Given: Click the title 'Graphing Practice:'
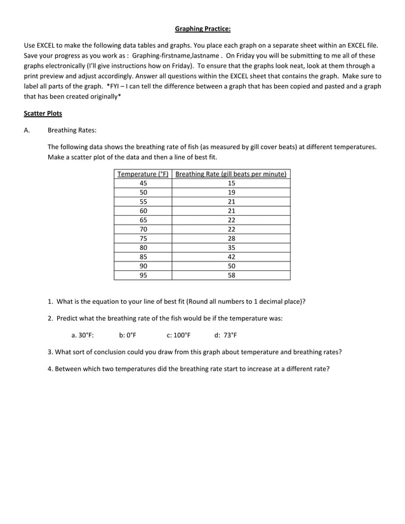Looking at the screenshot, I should (202, 29).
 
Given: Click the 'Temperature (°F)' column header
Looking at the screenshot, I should (143, 174).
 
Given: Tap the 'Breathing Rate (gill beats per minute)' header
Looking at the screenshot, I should (231, 174).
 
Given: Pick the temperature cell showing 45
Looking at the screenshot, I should (143, 183).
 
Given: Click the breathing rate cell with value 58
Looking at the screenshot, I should (231, 275).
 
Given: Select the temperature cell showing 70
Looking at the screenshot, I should (143, 229).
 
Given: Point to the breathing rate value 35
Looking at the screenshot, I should (231, 247).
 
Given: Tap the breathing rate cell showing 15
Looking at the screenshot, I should (231, 183).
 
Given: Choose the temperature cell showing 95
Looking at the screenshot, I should (143, 275).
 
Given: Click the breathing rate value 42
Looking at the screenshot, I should (231, 257).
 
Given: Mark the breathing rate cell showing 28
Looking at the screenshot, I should (231, 239).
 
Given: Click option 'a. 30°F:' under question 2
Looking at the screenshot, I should (83, 335).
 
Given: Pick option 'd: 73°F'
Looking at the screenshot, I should (226, 335).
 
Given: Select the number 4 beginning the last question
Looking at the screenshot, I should (50, 368).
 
